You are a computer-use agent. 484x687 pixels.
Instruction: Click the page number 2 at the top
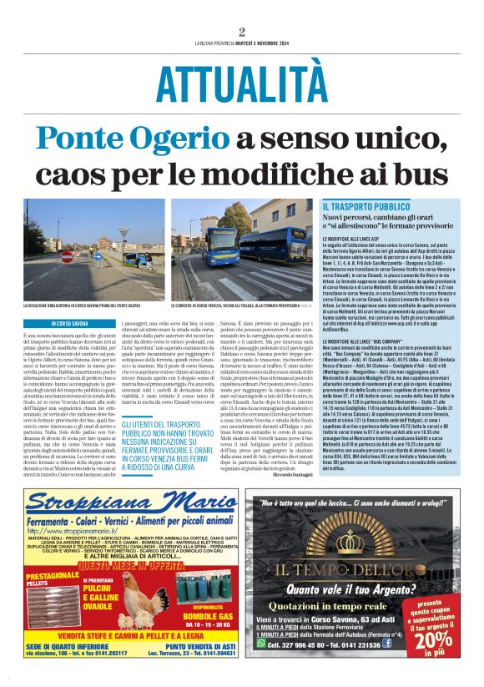pyautogui.click(x=241, y=32)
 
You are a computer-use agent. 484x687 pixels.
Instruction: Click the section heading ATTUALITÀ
pyautogui.click(x=241, y=83)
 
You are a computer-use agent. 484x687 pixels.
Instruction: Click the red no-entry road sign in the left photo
pyautogui.click(x=67, y=256)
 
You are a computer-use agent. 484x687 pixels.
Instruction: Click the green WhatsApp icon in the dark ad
pyautogui.click(x=261, y=644)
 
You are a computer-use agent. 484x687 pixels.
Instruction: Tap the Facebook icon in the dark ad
pyautogui.click(x=387, y=644)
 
